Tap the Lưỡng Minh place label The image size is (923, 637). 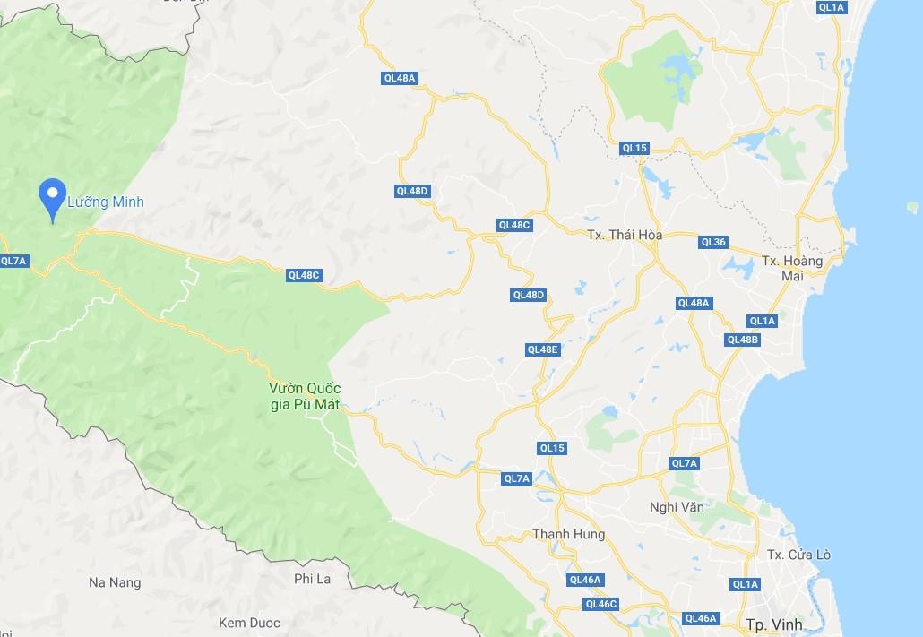106,202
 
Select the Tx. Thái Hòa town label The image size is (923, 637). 625,235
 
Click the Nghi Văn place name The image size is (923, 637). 677,507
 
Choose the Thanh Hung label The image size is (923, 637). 568,534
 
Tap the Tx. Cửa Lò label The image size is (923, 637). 798,555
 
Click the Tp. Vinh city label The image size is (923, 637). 772,623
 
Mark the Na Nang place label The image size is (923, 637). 115,582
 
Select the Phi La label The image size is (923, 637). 312,579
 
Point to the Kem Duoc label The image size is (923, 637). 249,623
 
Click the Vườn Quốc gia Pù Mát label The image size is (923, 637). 305,397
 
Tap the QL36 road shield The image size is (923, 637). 713,242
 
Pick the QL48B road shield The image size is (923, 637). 743,340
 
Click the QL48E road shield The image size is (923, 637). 542,349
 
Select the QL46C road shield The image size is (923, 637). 600,604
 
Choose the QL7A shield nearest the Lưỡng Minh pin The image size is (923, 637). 14,261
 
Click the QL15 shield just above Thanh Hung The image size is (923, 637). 552,448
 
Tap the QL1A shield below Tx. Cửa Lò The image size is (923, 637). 745,584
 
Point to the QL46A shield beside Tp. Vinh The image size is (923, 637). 700,618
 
